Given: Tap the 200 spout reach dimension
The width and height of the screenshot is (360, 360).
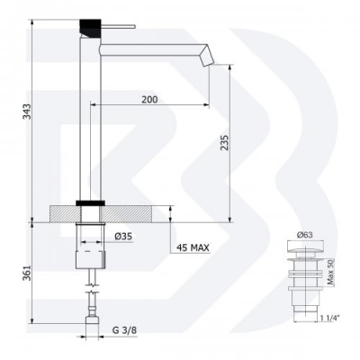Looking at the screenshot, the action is pos(149,99).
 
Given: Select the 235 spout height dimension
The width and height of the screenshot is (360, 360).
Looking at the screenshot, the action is pos(225,142).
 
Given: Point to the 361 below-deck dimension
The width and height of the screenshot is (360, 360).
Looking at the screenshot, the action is pos(27,273).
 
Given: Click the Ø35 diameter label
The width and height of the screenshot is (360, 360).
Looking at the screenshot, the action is pos(123,237).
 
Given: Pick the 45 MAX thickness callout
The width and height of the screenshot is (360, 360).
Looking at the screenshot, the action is pos(193,247).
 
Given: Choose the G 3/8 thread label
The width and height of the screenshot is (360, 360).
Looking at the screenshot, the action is pos(124,330).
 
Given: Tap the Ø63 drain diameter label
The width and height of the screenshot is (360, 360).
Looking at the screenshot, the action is pos(305,235).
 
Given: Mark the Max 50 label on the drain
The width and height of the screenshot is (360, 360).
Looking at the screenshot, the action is pos(330,273).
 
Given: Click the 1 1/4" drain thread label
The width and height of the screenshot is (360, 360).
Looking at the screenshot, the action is pos(331,318).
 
